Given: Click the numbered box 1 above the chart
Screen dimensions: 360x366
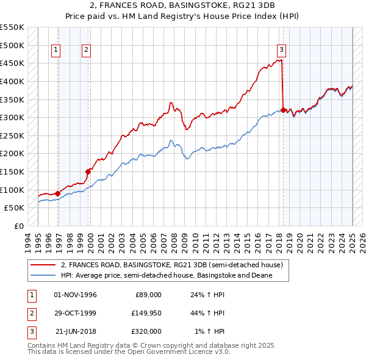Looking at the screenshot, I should (56, 50).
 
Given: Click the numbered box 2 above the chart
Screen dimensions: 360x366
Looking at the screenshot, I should (87, 50).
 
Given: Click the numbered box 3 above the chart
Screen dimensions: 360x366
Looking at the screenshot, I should (281, 50).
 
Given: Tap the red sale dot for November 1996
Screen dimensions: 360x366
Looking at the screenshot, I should (58, 193).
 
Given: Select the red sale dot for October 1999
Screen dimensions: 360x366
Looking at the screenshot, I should (88, 171).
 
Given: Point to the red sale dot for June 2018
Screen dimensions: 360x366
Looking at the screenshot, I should (284, 110).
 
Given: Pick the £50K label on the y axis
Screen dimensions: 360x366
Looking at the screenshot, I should (15, 208).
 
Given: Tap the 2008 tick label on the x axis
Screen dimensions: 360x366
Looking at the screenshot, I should (174, 241).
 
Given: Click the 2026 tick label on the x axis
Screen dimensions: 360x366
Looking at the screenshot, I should (362, 241).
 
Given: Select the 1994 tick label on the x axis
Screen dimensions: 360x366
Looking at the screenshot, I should (28, 241).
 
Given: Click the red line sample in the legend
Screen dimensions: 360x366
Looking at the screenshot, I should (43, 265).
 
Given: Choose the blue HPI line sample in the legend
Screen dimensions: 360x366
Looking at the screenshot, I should (43, 275).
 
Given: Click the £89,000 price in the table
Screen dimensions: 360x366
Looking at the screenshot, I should (148, 295).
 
